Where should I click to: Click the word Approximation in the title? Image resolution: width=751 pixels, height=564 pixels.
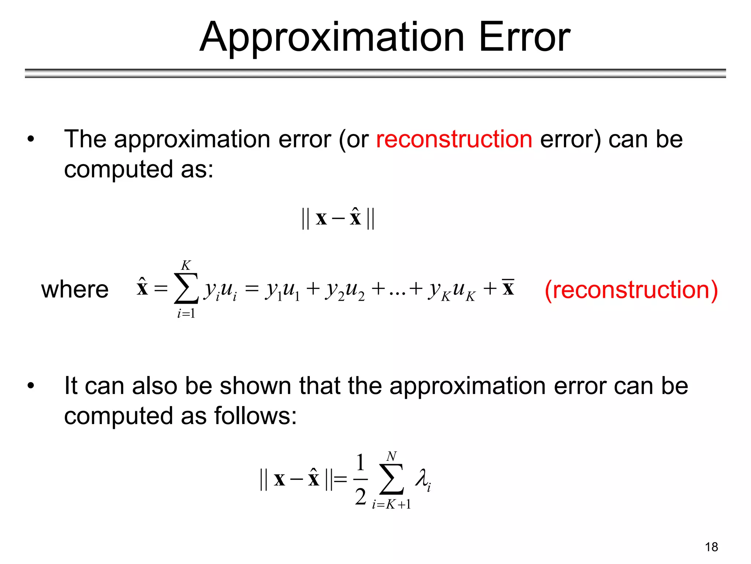(x=332, y=37)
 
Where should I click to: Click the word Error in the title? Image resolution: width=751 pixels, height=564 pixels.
(x=524, y=37)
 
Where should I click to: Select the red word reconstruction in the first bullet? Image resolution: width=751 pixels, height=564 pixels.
(x=454, y=139)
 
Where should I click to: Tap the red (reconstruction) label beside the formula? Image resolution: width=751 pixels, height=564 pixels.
(x=631, y=290)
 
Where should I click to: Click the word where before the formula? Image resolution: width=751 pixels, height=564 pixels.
(x=75, y=290)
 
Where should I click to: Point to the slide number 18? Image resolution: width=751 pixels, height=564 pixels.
(x=711, y=547)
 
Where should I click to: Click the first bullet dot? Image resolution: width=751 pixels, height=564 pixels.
(x=31, y=140)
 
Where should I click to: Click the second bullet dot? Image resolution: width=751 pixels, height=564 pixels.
(x=31, y=386)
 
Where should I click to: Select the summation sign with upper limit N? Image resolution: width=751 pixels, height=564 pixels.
(x=391, y=479)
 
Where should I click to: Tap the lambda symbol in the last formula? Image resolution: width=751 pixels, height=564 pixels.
(x=422, y=479)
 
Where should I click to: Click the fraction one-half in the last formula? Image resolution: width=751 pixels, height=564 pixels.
(x=360, y=479)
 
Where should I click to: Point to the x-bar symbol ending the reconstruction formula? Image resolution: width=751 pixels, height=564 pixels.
(x=508, y=288)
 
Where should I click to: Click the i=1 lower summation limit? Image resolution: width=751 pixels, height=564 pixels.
(x=186, y=314)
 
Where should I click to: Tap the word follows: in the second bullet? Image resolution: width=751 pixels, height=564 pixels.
(x=255, y=416)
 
